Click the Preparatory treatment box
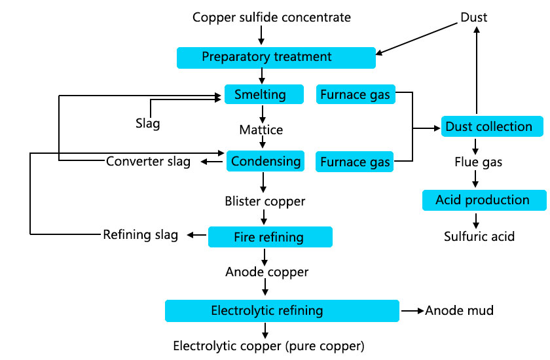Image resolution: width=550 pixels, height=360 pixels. coord(276,57)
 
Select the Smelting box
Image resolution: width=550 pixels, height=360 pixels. coord(264,94)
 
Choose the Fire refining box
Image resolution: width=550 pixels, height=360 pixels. coord(270,236)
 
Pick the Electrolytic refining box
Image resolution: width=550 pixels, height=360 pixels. coord(282,310)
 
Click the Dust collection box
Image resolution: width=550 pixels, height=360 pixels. coord(488,126)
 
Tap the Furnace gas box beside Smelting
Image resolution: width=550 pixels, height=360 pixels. coord(356,95)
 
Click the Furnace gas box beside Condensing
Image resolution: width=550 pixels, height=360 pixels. coord(356,162)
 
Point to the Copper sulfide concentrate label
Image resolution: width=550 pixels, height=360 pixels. coord(271,17)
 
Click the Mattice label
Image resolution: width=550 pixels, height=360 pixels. coord(261,130)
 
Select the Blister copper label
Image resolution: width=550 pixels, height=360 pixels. coord(265,202)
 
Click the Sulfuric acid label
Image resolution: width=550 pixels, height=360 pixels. coord(479,236)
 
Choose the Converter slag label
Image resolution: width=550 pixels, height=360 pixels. coord(149,162)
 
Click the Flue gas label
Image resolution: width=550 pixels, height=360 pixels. coord(478,162)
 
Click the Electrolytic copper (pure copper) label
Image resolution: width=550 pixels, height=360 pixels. coord(268,345)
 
